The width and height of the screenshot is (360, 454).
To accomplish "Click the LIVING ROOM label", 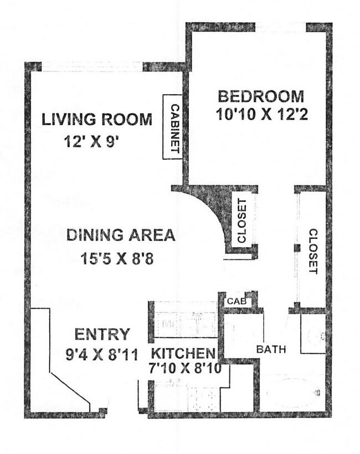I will tap(97, 119).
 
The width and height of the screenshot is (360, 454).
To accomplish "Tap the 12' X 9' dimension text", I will tap(92, 142).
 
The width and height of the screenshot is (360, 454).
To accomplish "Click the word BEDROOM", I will tap(260, 96).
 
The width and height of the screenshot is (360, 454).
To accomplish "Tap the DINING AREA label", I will tap(121, 235).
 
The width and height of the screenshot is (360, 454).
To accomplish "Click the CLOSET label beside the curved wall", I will tap(241, 221).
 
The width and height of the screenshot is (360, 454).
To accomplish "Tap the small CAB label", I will tap(234, 302).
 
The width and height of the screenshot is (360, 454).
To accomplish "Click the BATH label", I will tap(271, 350).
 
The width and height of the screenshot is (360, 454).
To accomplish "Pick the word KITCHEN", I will tap(183, 353).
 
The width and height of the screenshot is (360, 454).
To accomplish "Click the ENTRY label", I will tap(102, 334).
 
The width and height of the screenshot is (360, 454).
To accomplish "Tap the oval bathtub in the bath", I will tap(294, 394).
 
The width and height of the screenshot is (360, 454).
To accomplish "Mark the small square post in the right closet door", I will tap(297, 247).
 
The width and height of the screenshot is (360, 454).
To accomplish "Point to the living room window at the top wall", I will tap(92, 67).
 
